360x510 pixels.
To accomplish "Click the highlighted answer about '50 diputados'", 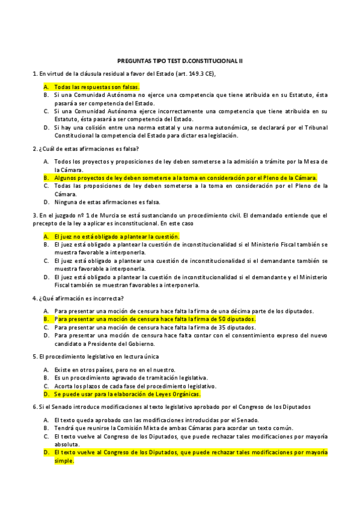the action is tap(154, 319).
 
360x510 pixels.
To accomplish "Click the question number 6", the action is tap(34, 407).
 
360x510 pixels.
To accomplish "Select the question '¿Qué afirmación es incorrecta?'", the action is tap(81, 298).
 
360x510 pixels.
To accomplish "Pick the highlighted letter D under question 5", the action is tap(46, 395).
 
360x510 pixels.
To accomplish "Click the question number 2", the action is tap(34, 149).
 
